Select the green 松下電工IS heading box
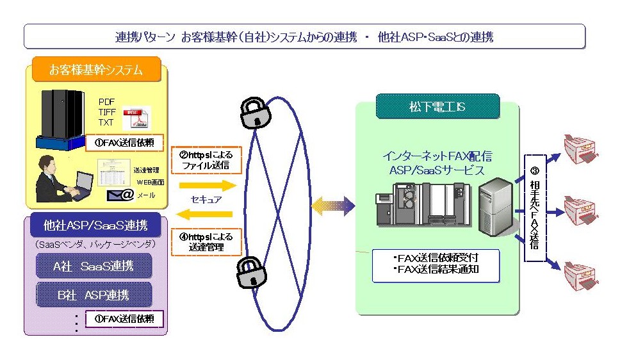coord(437,106)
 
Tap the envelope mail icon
coord(119,195)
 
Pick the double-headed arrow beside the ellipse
coord(332,206)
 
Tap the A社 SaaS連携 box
coord(94,265)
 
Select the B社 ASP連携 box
coord(94,295)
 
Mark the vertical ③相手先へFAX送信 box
coord(534,208)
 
